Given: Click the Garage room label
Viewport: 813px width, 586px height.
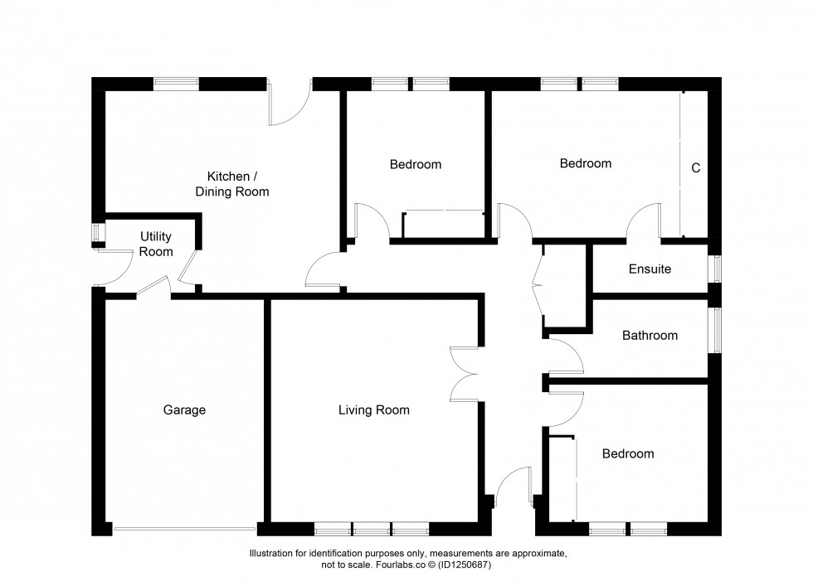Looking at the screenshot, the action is pyautogui.click(x=184, y=409).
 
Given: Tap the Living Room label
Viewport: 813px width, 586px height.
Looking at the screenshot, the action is pyautogui.click(x=374, y=409).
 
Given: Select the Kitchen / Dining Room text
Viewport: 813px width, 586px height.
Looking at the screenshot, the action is pyautogui.click(x=232, y=184).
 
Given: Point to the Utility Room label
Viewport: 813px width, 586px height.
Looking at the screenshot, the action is pyautogui.click(x=156, y=244).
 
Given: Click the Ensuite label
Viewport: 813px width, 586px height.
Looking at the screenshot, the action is pyautogui.click(x=650, y=269).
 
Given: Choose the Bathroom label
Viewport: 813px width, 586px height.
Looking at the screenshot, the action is pyautogui.click(x=650, y=335).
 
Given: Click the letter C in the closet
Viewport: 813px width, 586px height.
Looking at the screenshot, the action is pyautogui.click(x=696, y=168).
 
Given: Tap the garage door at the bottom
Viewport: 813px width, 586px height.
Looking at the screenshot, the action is pyautogui.click(x=184, y=529).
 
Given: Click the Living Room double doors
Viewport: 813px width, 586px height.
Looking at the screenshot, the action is pyautogui.click(x=464, y=374).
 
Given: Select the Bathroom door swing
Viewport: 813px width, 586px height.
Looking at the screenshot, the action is pyautogui.click(x=566, y=356).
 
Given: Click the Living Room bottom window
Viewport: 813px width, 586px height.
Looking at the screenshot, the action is pyautogui.click(x=372, y=529).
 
